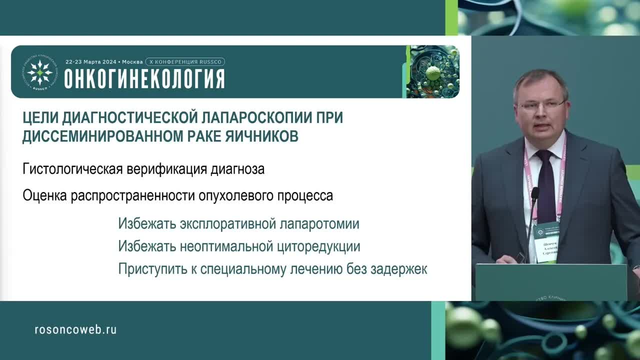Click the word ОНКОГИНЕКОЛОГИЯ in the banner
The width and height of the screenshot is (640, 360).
click(x=144, y=78)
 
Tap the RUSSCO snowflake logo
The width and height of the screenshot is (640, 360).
click(x=39, y=72)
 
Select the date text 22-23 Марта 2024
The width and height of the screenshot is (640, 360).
click(x=90, y=61)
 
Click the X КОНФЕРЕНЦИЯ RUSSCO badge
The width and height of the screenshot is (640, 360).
click(x=185, y=61)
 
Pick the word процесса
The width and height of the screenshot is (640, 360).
click(x=304, y=195)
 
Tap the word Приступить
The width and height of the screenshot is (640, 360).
click(x=148, y=269)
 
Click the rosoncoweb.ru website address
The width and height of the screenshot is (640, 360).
click(x=75, y=329)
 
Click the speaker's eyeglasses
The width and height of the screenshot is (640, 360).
click(x=541, y=105)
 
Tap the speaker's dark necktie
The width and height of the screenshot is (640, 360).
click(x=545, y=180)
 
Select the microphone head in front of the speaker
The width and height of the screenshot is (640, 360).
click(x=534, y=193)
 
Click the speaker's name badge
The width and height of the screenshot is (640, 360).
click(x=546, y=242)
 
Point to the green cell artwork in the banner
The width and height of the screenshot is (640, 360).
click(x=432, y=71)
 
